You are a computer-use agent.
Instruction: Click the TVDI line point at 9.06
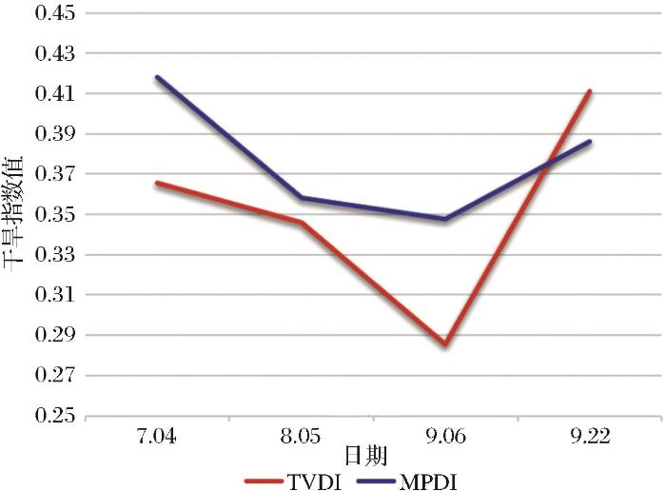(x=445, y=344)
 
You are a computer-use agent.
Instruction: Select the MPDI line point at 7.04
(x=157, y=77)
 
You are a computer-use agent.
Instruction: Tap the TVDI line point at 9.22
(x=590, y=91)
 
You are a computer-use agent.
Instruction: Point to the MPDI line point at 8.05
(x=302, y=198)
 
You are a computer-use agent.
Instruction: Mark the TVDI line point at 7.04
(x=157, y=183)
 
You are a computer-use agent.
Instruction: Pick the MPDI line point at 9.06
(x=445, y=219)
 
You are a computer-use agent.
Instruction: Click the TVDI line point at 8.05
(x=302, y=223)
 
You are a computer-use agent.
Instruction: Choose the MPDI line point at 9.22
(x=590, y=141)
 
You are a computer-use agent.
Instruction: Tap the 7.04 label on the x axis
(x=157, y=439)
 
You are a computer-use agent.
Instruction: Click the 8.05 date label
(x=302, y=439)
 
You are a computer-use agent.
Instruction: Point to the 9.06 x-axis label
(x=445, y=439)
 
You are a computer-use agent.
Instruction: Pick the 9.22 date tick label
(x=590, y=439)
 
